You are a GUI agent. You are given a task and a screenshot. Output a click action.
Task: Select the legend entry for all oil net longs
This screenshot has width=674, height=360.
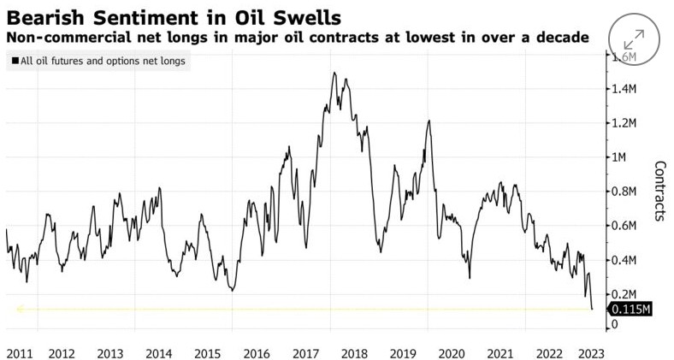point(99,62)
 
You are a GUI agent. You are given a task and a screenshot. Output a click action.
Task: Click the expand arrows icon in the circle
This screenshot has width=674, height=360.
point(635,38)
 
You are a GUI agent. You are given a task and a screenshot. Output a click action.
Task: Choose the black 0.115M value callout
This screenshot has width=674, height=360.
point(630,310)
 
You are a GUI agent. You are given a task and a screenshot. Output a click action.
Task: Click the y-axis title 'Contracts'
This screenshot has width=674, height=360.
point(659,191)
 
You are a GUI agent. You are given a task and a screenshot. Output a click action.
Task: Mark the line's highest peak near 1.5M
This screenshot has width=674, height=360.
point(333,73)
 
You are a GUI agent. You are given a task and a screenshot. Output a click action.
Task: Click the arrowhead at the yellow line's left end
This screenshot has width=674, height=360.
point(19,310)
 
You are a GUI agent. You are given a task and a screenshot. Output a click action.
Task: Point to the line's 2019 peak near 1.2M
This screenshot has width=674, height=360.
point(428,121)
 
